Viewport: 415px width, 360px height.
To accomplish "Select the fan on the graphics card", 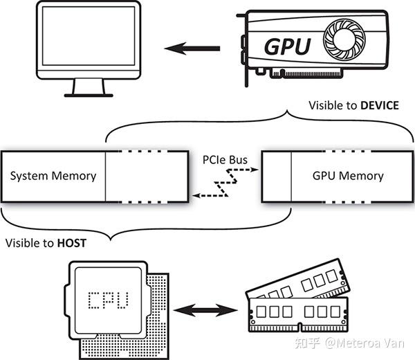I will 343,39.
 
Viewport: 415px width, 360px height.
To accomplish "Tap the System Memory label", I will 53,176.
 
